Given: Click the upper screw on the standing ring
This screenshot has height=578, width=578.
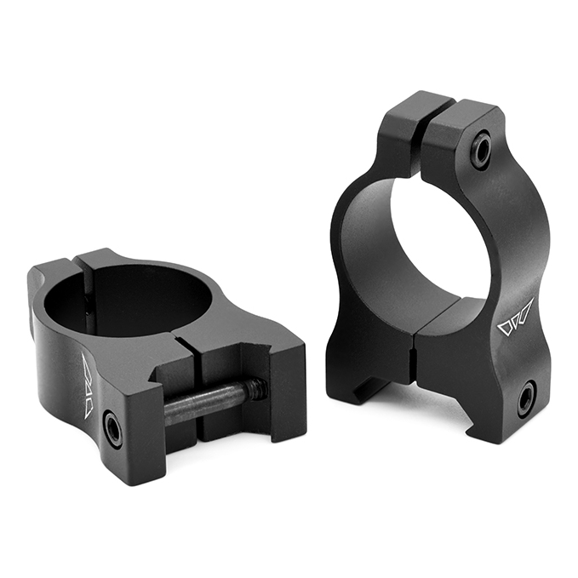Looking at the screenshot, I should (483, 152).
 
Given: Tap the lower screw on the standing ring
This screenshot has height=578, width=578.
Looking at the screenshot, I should (526, 398).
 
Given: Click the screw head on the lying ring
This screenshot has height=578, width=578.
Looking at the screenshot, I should (112, 428).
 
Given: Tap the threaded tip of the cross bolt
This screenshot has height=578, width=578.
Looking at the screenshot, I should (257, 389).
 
